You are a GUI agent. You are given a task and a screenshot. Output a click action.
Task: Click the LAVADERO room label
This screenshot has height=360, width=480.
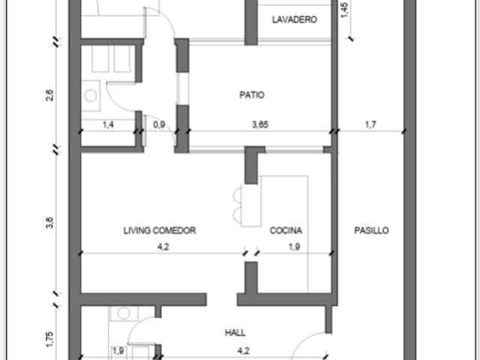click(x=295, y=20)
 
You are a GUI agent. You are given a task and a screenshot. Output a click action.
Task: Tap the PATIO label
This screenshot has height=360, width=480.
click(x=252, y=95)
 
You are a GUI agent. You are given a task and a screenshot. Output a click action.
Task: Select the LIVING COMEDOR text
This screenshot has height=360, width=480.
click(x=160, y=230)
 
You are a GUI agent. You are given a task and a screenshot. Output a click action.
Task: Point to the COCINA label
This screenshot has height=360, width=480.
click(x=286, y=230)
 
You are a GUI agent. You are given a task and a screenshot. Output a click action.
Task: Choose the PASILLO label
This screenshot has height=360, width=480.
click(x=372, y=230)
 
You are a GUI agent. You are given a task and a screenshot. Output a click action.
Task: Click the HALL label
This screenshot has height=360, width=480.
click(x=235, y=332)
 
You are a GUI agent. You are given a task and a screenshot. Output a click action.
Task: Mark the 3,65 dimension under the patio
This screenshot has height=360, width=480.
click(x=260, y=124)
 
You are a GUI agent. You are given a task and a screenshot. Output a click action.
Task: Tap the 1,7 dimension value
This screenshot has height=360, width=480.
click(x=370, y=124)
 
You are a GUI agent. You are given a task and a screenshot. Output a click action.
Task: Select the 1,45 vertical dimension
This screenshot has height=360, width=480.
click(x=344, y=10)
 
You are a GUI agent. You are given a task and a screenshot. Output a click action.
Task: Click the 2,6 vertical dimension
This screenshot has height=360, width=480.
click(x=49, y=95)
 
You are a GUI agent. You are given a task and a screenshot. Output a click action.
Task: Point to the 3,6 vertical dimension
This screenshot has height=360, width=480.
click(x=49, y=223)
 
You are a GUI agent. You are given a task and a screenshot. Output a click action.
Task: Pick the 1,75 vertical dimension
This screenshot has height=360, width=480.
click(x=49, y=340)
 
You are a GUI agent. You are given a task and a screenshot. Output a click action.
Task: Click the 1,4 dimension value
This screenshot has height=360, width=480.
click(x=108, y=124)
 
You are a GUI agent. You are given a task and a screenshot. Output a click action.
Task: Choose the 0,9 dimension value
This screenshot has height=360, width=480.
click(x=159, y=124)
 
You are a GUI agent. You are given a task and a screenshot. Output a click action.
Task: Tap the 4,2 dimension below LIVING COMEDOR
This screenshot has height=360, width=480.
click(x=163, y=247)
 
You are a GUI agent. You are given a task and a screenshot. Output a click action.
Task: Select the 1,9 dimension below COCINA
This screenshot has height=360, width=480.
click(x=294, y=247)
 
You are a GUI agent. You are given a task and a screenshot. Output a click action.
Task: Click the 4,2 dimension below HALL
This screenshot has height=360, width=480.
click(x=243, y=351)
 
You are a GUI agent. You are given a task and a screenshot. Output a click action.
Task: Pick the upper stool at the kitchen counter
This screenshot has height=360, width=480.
click(x=237, y=195)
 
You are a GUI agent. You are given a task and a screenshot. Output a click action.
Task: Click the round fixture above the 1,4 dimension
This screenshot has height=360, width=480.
click(x=90, y=95)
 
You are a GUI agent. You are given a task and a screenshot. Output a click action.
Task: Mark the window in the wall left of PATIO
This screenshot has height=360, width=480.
click(x=183, y=88)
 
